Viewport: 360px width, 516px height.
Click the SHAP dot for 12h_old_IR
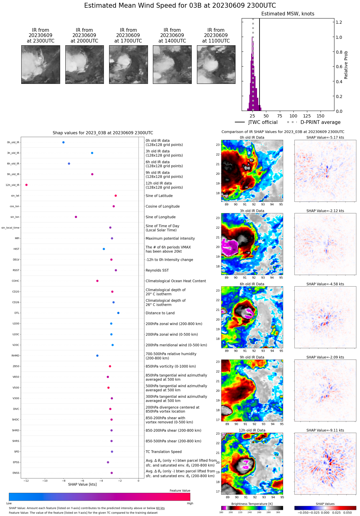point(27,185)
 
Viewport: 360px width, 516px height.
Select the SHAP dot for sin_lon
point(76,217)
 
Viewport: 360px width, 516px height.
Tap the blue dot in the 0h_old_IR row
point(63,142)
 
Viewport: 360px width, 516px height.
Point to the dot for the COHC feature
point(97,281)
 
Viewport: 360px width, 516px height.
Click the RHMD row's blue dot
point(97,356)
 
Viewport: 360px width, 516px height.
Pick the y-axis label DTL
point(17,313)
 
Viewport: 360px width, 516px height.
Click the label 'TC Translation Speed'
point(163,452)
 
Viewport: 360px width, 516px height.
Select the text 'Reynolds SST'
point(157,270)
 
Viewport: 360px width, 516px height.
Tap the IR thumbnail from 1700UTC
point(128,64)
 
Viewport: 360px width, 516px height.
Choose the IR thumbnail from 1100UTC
point(216,64)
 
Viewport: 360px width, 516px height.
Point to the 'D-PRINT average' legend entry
point(320,122)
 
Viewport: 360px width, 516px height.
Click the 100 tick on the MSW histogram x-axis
point(293,116)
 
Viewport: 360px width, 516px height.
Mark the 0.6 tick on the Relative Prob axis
point(339,67)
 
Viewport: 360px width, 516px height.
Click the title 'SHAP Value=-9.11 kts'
point(325,430)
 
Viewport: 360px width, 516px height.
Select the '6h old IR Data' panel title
point(252,284)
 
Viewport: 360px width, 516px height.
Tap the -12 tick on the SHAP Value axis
point(27,481)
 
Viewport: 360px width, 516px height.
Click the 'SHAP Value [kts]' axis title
point(82,485)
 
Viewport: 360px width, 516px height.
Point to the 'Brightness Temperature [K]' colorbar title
point(252,504)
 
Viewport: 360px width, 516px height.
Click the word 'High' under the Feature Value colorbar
point(190,503)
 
